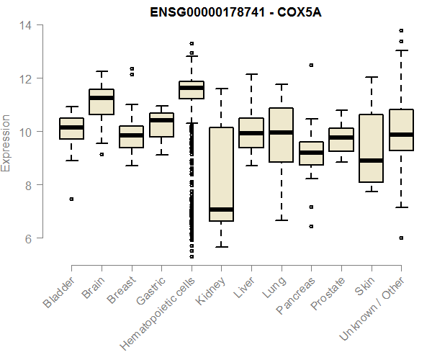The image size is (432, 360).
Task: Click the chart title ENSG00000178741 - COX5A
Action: (230, 12)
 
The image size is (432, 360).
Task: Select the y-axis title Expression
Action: (6, 143)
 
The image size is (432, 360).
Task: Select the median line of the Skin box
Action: (372, 161)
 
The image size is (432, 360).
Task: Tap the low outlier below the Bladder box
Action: (71, 199)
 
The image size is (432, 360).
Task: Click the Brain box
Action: (101, 102)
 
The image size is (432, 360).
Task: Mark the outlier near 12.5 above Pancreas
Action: (311, 65)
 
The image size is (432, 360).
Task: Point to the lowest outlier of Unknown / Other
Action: (401, 238)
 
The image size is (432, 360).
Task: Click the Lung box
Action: (281, 135)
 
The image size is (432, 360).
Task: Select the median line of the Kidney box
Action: (221, 210)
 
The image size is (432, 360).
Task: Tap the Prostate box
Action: (341, 140)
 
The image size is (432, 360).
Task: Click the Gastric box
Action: (161, 125)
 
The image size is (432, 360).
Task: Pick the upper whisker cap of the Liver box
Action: (251, 74)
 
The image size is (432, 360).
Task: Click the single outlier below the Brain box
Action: (102, 154)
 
